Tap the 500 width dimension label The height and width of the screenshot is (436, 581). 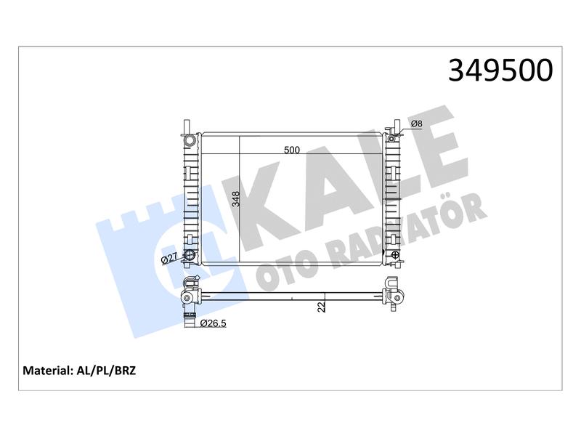(292, 150)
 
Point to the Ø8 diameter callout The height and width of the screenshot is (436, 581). (417, 124)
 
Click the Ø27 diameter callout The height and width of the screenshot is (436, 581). (170, 259)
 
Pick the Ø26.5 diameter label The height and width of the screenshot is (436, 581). (213, 323)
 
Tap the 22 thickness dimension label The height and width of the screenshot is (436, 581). (322, 307)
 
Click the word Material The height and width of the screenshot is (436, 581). (46, 371)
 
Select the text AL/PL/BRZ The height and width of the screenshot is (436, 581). (106, 371)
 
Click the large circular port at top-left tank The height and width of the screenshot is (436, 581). (190, 140)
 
